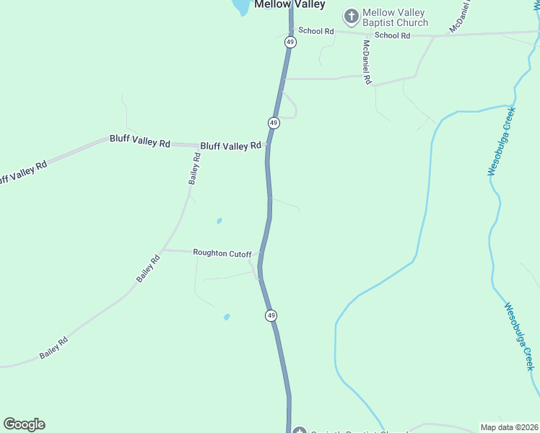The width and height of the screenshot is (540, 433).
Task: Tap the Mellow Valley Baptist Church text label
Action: coord(395,17)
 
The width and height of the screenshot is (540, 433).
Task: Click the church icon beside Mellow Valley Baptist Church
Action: coord(351,16)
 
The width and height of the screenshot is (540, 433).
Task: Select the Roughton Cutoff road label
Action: coord(222,253)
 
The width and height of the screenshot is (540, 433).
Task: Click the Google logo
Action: coord(24,424)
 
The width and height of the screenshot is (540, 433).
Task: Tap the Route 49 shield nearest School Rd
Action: coord(290,43)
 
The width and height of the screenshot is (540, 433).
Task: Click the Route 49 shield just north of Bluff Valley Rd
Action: coord(274,123)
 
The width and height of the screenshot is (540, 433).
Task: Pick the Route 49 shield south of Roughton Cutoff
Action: coord(271,315)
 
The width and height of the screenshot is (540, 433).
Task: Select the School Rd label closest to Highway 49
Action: coord(316,31)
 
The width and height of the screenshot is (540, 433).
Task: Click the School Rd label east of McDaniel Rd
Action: coord(393,35)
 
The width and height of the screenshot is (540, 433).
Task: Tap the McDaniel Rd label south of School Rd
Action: coord(367,62)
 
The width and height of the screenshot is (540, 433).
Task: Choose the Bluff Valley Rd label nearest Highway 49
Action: coord(230,146)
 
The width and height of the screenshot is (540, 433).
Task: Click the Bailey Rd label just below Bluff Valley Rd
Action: coord(195,168)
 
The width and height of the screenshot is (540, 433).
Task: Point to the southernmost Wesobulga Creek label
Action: coord(519,335)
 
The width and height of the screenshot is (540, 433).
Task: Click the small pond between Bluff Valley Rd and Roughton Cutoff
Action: coord(219,221)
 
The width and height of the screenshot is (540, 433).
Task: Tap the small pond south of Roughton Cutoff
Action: coord(227,317)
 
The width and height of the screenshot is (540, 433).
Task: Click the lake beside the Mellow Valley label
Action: coord(240,6)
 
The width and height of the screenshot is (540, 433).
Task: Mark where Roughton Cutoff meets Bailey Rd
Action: coord(163,250)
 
